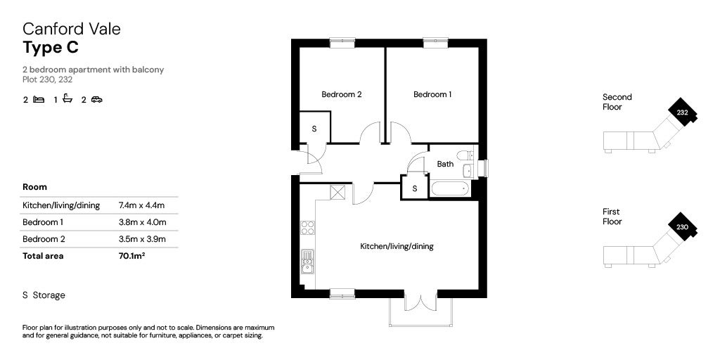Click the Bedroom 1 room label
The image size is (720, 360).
432,95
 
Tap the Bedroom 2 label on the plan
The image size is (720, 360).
342,95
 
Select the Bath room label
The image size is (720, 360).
445,164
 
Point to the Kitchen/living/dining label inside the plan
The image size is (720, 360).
397,247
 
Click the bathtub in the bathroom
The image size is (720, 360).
449,188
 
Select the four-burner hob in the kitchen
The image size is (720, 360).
308,228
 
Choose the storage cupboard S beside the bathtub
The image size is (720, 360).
415,188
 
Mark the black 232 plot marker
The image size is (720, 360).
682,112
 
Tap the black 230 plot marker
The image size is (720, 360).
682,227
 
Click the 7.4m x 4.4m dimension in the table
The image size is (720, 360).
141,205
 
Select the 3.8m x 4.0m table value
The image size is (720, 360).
142,222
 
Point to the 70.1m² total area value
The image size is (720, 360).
131,256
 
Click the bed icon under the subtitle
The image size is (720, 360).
39,99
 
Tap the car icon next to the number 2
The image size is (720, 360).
97,99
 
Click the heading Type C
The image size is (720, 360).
51,47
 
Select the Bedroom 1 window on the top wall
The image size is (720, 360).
435,43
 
